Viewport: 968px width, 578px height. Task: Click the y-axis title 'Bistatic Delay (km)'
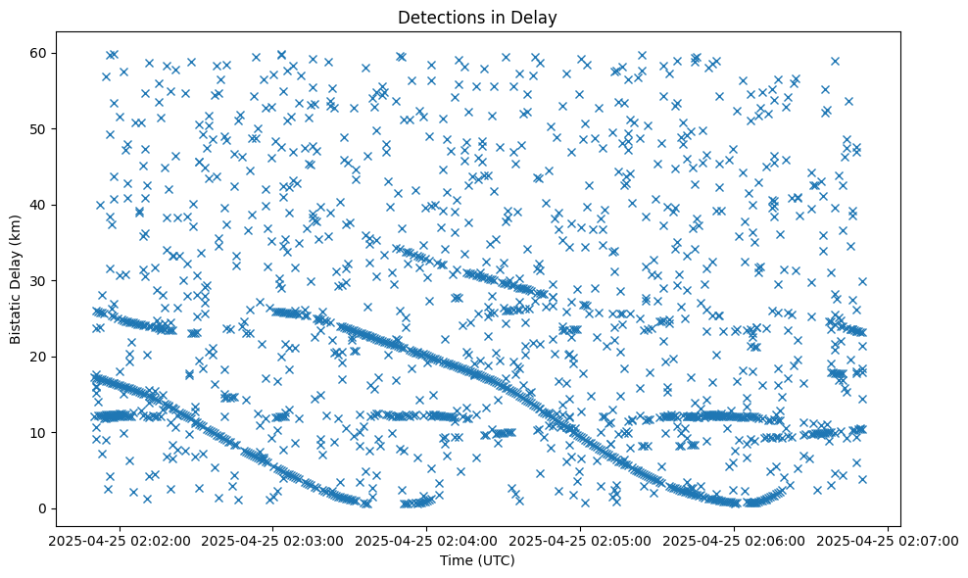16,278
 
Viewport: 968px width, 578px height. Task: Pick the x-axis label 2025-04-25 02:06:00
734,540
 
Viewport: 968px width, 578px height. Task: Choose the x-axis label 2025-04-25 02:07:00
888,540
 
